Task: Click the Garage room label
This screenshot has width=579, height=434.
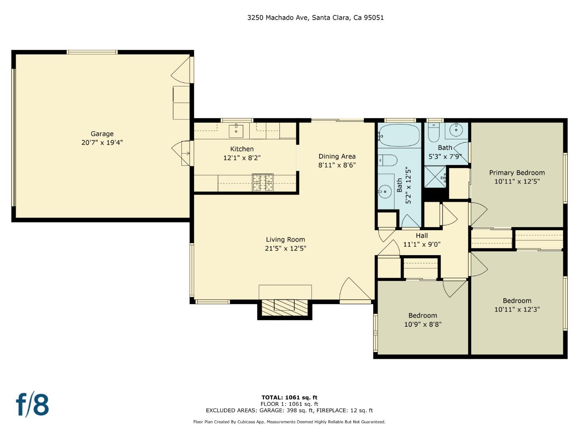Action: point(102,134)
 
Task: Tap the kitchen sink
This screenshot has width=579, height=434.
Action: point(236,131)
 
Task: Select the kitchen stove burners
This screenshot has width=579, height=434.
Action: point(263,182)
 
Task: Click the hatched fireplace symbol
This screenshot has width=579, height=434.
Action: point(285,307)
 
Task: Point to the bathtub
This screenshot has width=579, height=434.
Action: point(399,135)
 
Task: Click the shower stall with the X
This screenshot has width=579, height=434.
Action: point(435,177)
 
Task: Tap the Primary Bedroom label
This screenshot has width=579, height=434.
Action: point(517,173)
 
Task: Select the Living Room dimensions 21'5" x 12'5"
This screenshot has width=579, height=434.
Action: point(285,248)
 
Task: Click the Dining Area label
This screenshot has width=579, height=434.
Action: point(337,156)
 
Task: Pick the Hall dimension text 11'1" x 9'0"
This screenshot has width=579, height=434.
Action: point(422,245)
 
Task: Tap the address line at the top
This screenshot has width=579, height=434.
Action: point(316,18)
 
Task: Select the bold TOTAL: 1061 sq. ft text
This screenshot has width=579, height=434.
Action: point(289,397)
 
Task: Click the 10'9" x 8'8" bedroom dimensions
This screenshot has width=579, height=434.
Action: point(423,324)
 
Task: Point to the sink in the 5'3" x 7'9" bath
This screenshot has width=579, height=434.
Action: point(456,130)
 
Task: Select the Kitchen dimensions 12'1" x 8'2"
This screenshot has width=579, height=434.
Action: point(242,158)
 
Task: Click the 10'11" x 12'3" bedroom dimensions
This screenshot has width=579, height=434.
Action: point(517,309)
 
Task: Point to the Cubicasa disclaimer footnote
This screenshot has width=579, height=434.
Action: point(289,422)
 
